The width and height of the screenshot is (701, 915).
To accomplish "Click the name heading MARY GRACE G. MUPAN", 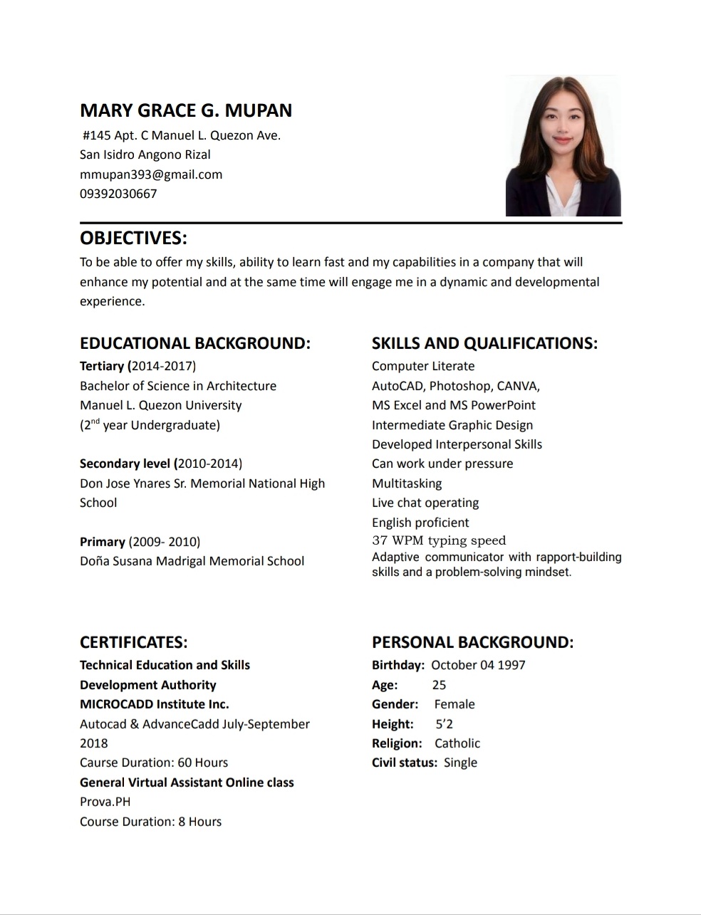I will [x=186, y=110].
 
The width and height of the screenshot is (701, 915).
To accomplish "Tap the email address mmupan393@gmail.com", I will [x=151, y=174].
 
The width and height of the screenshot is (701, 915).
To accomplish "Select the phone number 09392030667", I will [x=118, y=194].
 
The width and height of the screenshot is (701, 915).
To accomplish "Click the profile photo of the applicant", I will [x=563, y=146].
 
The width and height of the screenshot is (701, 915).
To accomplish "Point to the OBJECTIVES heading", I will [x=133, y=238].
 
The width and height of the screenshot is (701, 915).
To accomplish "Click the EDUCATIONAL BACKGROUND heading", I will [x=195, y=343].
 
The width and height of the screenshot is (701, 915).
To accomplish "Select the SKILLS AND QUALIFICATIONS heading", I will [x=484, y=343].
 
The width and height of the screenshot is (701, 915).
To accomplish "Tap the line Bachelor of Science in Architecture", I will [x=178, y=386].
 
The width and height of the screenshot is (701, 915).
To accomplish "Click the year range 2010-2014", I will [x=209, y=464].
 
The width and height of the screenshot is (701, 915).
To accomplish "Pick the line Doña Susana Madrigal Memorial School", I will [x=192, y=561].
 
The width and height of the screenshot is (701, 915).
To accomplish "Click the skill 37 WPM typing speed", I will [x=439, y=540].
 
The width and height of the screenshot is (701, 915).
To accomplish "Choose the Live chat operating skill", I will [x=425, y=503].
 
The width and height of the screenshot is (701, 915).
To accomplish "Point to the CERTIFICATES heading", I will [x=134, y=642].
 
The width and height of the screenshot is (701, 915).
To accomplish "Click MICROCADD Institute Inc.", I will [x=155, y=704].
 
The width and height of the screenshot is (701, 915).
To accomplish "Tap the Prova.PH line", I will [x=105, y=802].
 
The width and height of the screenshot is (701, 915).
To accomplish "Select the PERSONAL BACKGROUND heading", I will [x=472, y=642].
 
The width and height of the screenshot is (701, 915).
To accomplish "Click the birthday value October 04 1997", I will [x=478, y=665].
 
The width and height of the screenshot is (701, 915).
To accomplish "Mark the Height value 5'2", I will [x=445, y=724].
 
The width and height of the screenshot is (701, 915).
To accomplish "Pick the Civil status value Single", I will [x=460, y=763].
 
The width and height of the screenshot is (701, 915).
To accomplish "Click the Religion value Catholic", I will [x=457, y=743].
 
